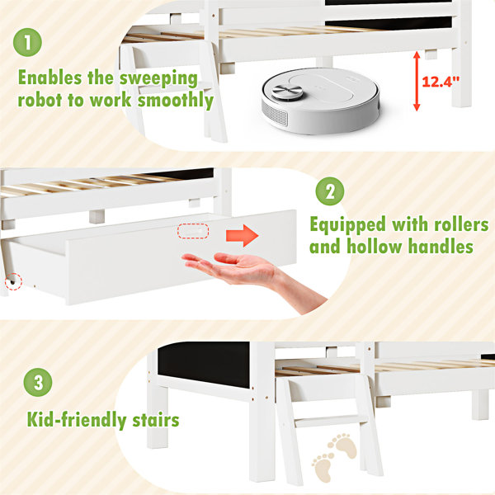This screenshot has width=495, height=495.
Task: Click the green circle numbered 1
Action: tap(27, 42)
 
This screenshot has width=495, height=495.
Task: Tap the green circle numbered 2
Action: tap(330, 191)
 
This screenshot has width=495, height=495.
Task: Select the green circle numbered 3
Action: tap(38, 382)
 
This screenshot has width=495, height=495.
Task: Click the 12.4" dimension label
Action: tap(441, 82)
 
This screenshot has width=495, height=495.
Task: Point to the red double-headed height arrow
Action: tap(417, 81)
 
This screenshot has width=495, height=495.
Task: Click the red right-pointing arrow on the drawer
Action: tap(242, 235)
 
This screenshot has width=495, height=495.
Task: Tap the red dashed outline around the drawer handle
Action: tap(193, 231)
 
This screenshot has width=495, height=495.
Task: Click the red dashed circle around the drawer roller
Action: tap(13, 281)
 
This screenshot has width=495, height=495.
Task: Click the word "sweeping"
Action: tap(158, 78)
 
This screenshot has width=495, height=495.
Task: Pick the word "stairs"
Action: tap(156, 420)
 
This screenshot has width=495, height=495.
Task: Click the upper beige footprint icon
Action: tap(343, 445)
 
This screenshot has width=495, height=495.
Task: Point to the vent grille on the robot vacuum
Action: tap(275, 113)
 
